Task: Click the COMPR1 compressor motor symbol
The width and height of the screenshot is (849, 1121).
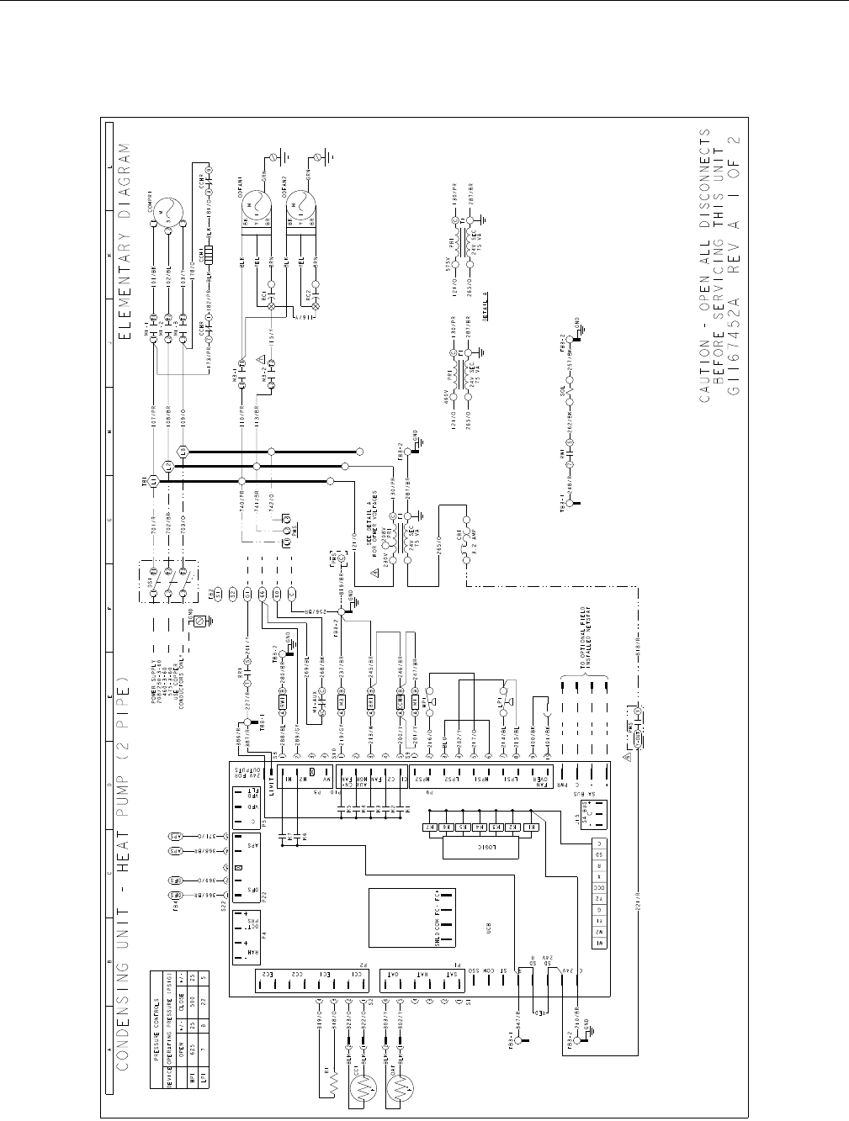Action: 166,210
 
